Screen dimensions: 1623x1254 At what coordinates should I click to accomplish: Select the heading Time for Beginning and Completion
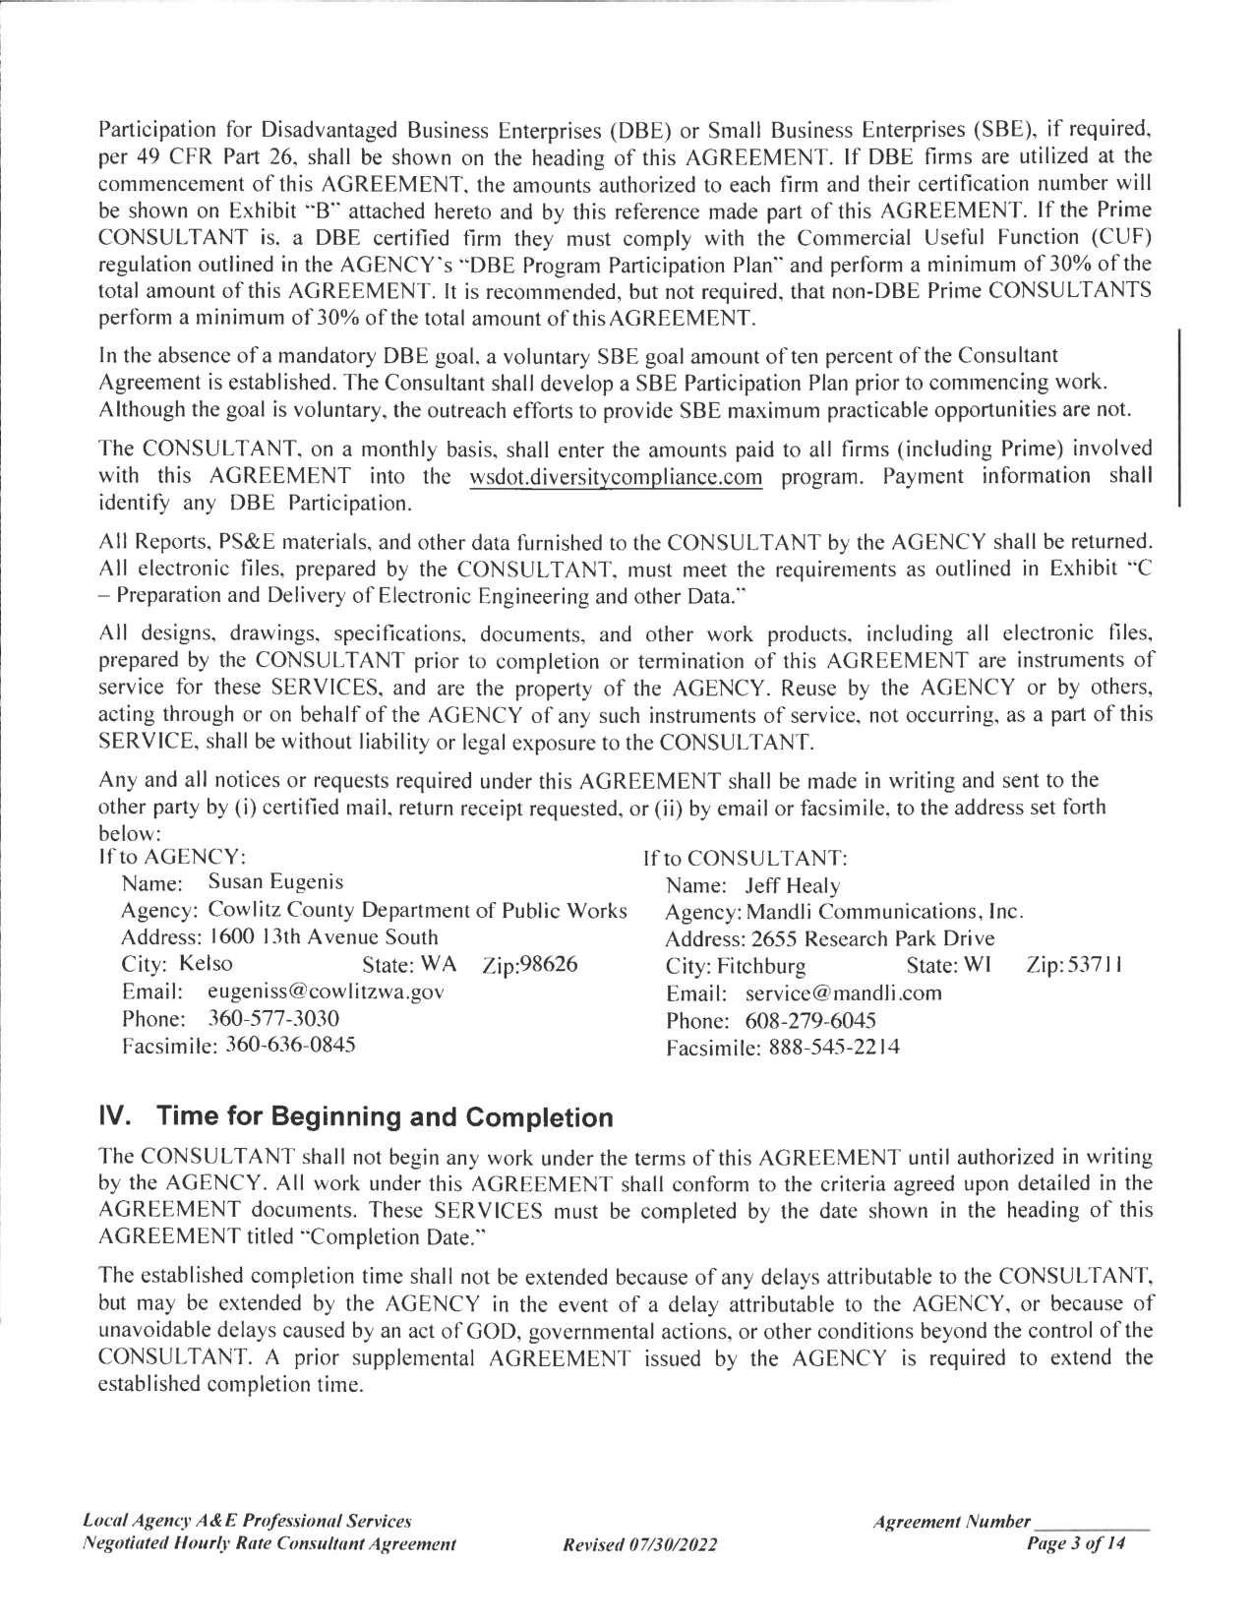coord(386,1117)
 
